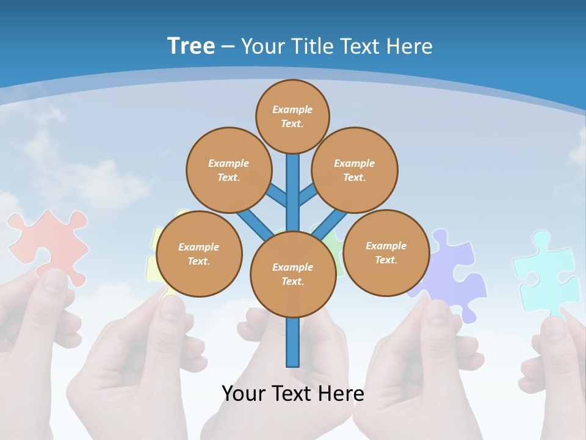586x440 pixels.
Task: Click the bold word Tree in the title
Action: pyautogui.click(x=191, y=46)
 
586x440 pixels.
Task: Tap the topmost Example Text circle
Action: pyautogui.click(x=292, y=116)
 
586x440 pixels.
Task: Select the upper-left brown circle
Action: pyautogui.click(x=228, y=170)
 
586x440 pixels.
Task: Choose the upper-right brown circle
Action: pyautogui.click(x=354, y=170)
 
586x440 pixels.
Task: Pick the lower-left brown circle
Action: pyautogui.click(x=199, y=254)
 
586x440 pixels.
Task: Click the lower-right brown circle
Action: pyautogui.click(x=386, y=252)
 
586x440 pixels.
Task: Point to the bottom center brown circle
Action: pyautogui.click(x=292, y=274)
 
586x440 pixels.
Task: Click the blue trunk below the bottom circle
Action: pyautogui.click(x=293, y=342)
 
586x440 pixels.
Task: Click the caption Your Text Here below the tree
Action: pyautogui.click(x=292, y=394)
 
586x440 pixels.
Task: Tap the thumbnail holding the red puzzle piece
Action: pyautogui.click(x=56, y=281)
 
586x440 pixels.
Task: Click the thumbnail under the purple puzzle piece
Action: pyautogui.click(x=438, y=312)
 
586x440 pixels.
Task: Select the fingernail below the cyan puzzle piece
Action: pyautogui.click(x=554, y=328)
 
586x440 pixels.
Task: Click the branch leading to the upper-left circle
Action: pyautogui.click(x=276, y=195)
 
